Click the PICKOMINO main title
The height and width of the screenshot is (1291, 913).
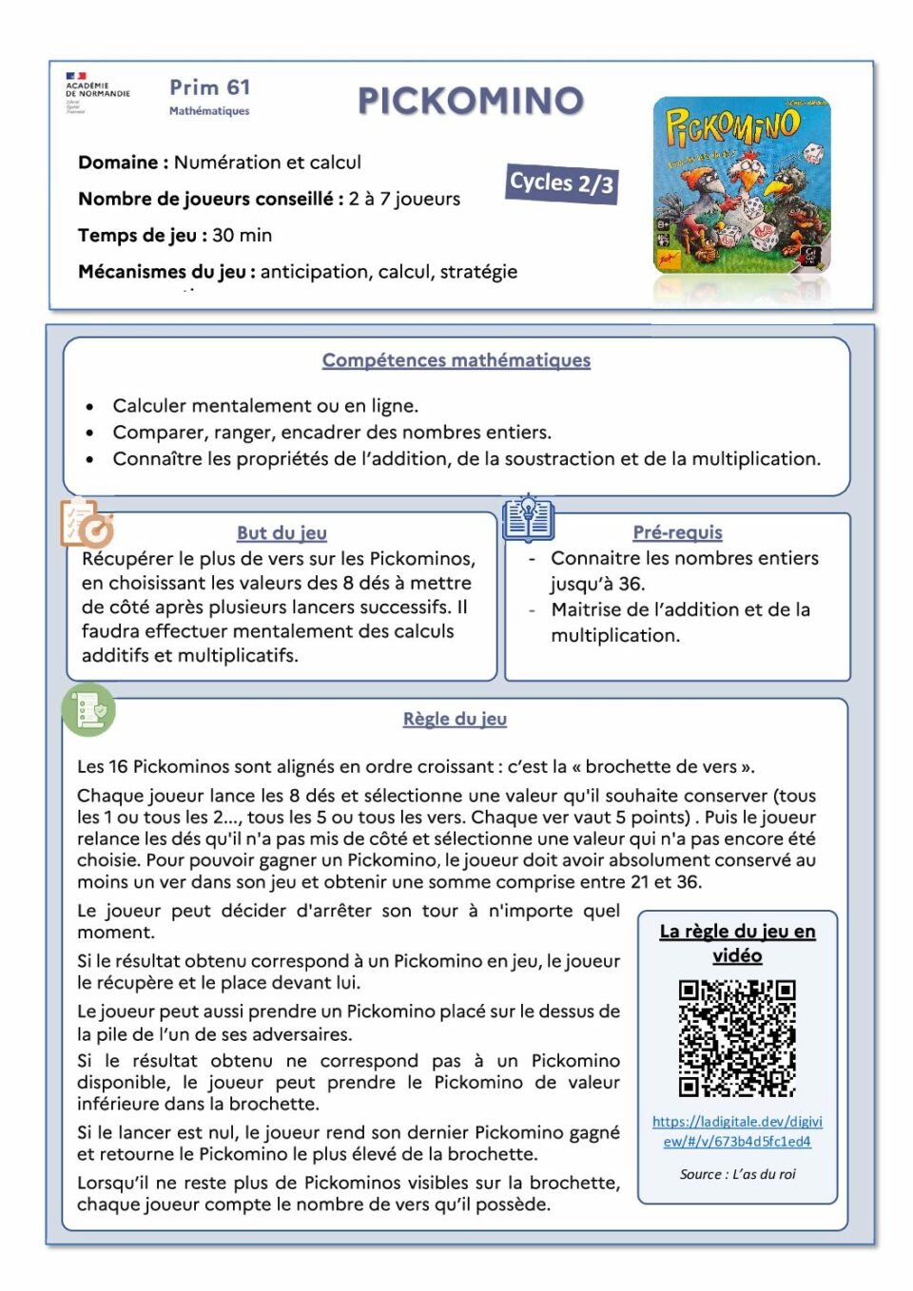coord(470,101)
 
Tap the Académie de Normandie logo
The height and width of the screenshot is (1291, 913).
coord(97,91)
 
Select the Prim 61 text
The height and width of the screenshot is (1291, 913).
coord(209,87)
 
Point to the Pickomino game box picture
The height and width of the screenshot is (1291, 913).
coord(742,185)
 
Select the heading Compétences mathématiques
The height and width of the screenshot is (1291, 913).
coord(456,360)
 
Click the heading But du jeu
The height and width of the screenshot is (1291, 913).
coord(282,533)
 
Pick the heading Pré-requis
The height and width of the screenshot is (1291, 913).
coord(677,532)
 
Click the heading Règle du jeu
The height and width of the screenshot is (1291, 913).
coord(455,719)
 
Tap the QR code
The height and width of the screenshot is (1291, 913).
coord(737,1038)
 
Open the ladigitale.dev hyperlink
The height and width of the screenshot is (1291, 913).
coord(737,1131)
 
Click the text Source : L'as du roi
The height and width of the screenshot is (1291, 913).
coord(737,1174)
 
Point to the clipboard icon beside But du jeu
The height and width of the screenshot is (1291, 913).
coord(86,522)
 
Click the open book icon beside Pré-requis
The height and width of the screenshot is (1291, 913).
coord(528,517)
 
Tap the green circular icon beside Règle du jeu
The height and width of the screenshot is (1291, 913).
coord(89,709)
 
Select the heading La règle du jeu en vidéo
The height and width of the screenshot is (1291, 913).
coord(737,943)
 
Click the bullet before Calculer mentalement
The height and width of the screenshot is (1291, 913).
coord(90,407)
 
